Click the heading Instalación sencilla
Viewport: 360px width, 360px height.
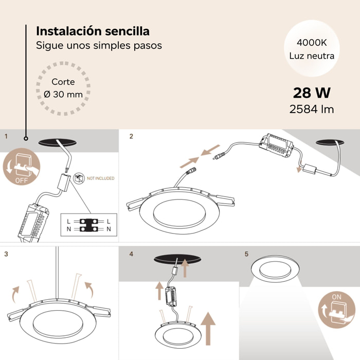click(93, 31)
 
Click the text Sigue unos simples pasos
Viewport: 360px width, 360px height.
click(99, 45)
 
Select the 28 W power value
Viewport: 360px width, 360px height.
click(312, 93)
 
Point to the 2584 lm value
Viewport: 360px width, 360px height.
click(312, 109)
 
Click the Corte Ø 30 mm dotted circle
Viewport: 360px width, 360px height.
click(63, 88)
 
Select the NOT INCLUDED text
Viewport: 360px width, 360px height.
click(100, 178)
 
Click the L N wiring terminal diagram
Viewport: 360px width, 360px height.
click(88, 224)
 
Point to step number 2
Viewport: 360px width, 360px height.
click(131, 136)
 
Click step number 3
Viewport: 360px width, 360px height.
click(6, 254)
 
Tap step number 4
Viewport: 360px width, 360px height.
click(131, 254)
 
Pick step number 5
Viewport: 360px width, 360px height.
click(246, 254)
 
